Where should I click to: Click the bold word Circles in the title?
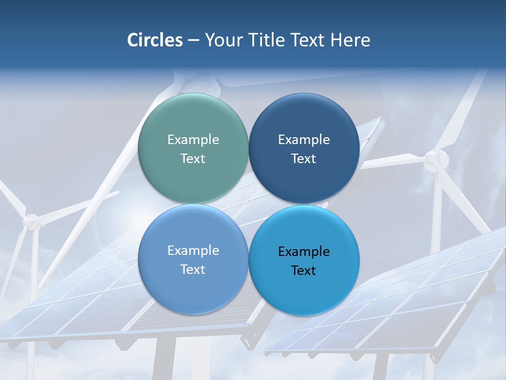click(154, 40)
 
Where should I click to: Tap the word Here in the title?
click(350, 40)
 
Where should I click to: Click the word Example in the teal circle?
click(193, 139)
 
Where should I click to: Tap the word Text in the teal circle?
click(193, 158)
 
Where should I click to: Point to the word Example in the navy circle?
click(304, 139)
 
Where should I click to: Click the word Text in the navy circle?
click(304, 158)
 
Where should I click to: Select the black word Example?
click(304, 251)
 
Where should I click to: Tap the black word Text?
click(304, 270)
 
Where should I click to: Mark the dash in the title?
click(193, 41)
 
